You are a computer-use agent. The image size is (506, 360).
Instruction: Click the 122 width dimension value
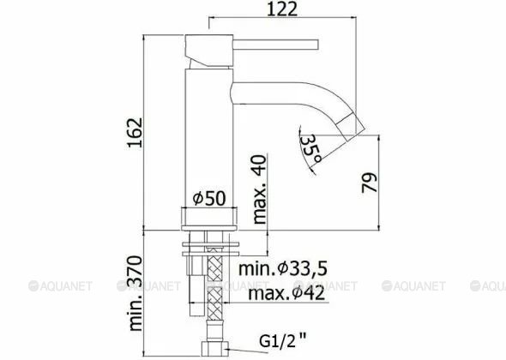[x=282, y=9]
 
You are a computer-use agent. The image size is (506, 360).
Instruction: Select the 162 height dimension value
[x=135, y=132]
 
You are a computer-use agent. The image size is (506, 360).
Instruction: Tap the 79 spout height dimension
[x=369, y=183]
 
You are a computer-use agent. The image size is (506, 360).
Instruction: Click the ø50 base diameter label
[x=208, y=198]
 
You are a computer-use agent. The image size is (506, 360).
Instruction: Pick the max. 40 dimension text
[x=260, y=189]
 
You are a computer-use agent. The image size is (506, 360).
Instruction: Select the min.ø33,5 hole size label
[x=283, y=268]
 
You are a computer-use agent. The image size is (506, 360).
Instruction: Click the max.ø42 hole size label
[x=286, y=293]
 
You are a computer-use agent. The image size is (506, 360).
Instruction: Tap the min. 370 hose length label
[x=136, y=293]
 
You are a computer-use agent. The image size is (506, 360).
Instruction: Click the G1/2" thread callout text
[x=283, y=341]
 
